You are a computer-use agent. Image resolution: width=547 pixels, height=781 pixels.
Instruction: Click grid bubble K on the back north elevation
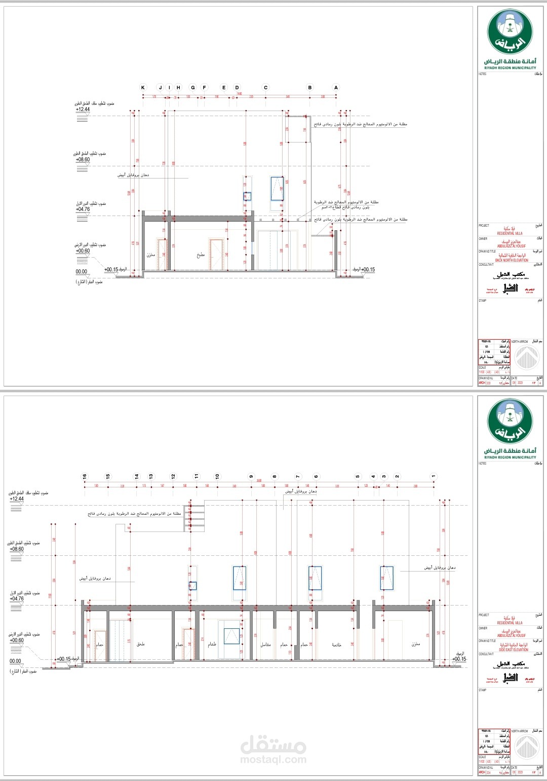(x=143, y=88)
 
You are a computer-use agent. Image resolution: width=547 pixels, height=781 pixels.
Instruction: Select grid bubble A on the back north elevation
(x=336, y=88)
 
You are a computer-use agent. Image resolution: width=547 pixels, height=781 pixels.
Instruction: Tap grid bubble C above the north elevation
(x=265, y=88)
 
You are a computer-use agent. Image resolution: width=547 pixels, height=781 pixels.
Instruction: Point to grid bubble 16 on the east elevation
(x=85, y=477)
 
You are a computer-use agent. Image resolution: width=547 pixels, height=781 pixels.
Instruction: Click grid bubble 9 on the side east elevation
(x=251, y=477)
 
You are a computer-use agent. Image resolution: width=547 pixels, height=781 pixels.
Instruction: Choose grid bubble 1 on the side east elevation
(x=434, y=477)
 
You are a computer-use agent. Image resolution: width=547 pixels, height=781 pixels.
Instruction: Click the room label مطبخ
(x=201, y=256)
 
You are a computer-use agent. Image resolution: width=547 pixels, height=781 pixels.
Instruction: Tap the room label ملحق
(x=141, y=644)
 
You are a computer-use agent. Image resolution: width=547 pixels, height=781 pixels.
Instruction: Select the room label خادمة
(x=337, y=645)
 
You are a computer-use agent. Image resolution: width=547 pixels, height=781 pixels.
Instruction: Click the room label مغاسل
(x=265, y=645)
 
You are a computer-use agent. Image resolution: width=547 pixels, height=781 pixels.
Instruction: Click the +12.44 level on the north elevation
(x=83, y=110)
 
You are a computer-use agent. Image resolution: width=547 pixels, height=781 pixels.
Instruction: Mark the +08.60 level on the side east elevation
(x=16, y=549)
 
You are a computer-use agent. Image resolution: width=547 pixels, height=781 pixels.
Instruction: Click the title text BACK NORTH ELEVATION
(x=512, y=260)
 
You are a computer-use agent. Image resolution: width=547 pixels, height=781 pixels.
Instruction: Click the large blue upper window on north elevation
(x=277, y=189)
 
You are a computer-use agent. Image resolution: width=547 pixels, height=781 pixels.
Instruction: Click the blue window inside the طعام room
(x=231, y=636)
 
